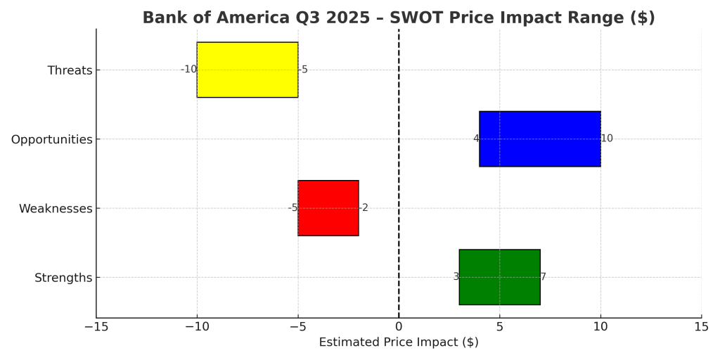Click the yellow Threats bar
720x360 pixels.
(x=247, y=70)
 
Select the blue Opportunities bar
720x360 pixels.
(x=539, y=139)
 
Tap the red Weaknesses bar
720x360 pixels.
(x=328, y=208)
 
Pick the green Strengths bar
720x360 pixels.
(x=499, y=277)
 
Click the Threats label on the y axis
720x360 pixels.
(x=70, y=70)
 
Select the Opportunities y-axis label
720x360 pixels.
(x=51, y=139)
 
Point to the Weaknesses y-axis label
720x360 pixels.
(x=56, y=209)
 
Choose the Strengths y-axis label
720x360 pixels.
(x=63, y=278)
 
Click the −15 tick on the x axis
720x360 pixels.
(x=96, y=327)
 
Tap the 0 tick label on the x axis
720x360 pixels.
(x=399, y=327)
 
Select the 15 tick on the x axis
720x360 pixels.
(x=701, y=327)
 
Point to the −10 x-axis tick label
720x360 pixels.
(x=196, y=327)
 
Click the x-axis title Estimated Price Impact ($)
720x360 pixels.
(x=399, y=342)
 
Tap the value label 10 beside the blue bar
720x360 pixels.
(x=607, y=139)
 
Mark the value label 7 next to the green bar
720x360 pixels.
(x=543, y=277)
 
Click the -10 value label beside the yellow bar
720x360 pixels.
(x=188, y=70)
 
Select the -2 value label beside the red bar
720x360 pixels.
(x=364, y=208)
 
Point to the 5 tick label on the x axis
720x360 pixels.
(x=499, y=327)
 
